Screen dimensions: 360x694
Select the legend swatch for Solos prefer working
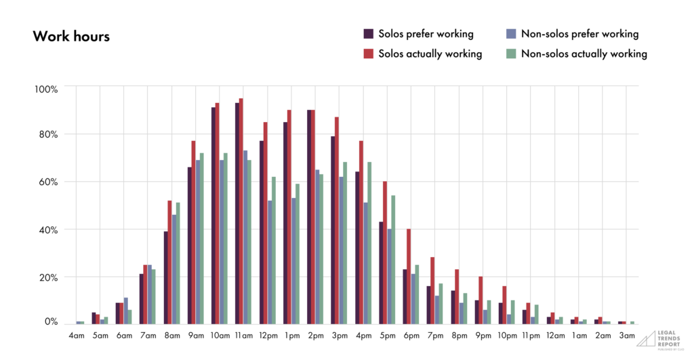[x=369, y=34]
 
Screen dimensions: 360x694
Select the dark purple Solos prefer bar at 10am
[x=213, y=216]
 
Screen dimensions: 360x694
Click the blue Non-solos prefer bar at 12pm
[x=270, y=262]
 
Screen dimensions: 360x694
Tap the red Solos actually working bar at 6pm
[x=408, y=277]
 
